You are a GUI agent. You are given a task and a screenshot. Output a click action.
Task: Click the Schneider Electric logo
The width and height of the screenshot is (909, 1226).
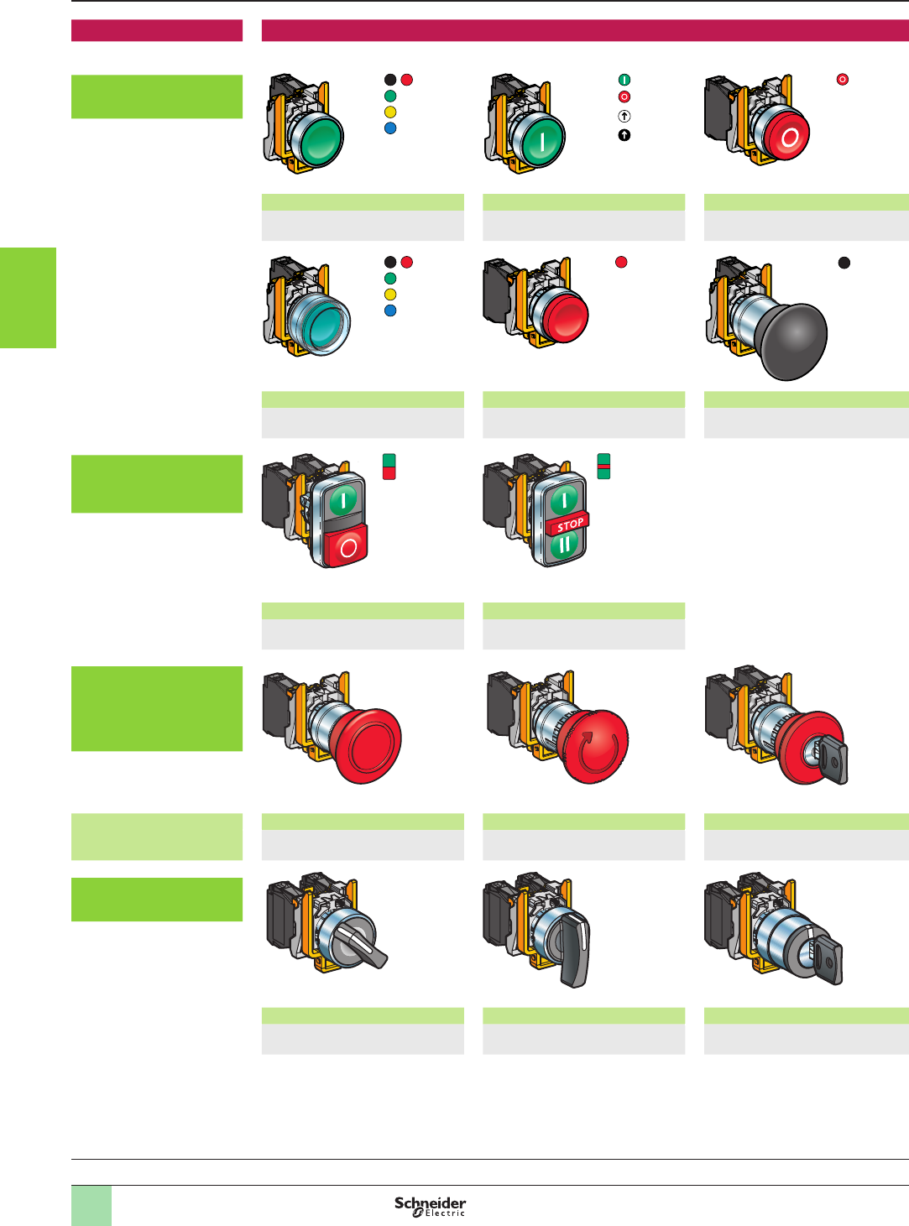click(430, 1206)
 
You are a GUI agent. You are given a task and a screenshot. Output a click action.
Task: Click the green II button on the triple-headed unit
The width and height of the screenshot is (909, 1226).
click(565, 545)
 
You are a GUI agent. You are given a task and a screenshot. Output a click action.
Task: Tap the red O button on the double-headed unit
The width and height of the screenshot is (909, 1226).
click(347, 547)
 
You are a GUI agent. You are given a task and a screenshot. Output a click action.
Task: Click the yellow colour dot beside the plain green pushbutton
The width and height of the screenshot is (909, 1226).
click(390, 112)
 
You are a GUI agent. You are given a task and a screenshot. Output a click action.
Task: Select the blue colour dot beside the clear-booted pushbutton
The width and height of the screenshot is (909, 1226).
click(390, 310)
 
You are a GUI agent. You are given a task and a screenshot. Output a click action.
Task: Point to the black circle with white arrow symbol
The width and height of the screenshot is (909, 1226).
click(624, 135)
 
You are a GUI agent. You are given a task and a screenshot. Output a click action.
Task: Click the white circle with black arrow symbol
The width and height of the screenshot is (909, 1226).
click(624, 117)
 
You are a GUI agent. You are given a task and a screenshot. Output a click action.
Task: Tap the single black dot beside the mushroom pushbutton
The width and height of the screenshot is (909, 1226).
click(844, 263)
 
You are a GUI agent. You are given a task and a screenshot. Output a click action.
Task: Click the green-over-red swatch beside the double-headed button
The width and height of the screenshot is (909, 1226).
click(389, 467)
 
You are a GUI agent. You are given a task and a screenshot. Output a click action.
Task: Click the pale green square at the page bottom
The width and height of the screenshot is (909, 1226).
click(91, 1205)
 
